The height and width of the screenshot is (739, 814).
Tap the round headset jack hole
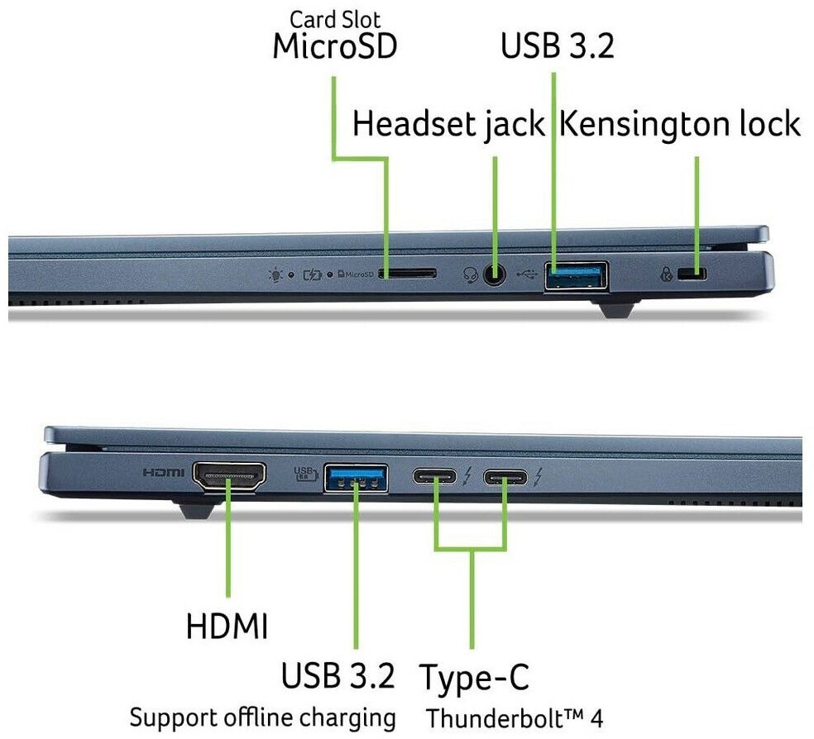tap(494, 275)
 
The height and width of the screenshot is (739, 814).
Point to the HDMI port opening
tap(229, 476)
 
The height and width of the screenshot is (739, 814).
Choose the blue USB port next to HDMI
tap(356, 477)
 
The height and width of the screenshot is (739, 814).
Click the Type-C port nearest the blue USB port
tap(436, 477)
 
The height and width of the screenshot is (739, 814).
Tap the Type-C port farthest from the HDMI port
tap(505, 477)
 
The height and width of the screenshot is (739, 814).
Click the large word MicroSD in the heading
tap(334, 47)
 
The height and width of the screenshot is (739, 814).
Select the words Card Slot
tap(334, 18)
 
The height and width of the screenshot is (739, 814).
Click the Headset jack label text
tap(448, 125)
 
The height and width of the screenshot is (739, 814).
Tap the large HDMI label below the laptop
tap(227, 626)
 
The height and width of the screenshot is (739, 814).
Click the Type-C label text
tap(473, 677)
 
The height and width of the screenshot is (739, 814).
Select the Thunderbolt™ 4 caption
tap(514, 717)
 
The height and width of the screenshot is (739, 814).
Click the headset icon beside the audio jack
tap(472, 274)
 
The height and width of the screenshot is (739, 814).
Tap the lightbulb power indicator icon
tap(275, 274)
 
